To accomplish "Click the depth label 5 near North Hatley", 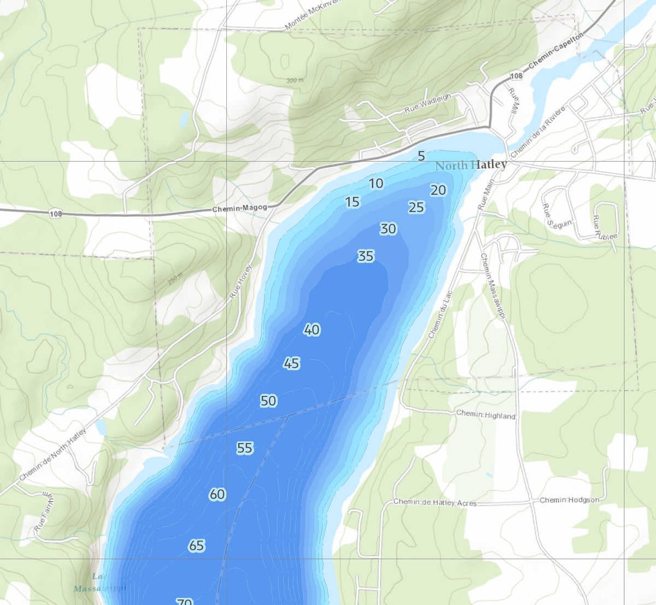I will pos(421,156).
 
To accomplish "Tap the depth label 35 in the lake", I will pos(366,256).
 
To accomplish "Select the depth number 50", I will pos(268,401).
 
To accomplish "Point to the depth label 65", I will pos(196,545).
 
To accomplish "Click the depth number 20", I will pos(438,190).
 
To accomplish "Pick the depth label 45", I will pos(291,363).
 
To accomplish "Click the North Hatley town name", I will pos(471,165).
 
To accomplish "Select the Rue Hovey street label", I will pos(241,281).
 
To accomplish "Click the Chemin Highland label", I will pos(485,415).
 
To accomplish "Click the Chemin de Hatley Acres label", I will pos(435,503).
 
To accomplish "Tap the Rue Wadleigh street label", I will pos(427,103).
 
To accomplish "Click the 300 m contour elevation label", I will pos(295,80).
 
